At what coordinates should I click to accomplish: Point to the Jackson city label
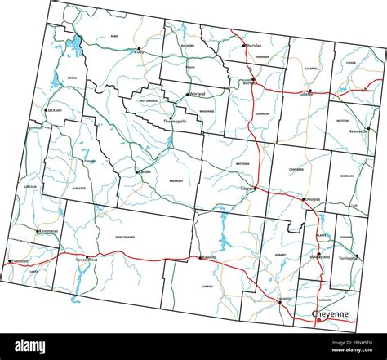55,110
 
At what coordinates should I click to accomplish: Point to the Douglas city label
313,199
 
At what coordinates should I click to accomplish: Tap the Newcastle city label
358,131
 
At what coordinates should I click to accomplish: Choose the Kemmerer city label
48,232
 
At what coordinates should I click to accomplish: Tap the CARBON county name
207,287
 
